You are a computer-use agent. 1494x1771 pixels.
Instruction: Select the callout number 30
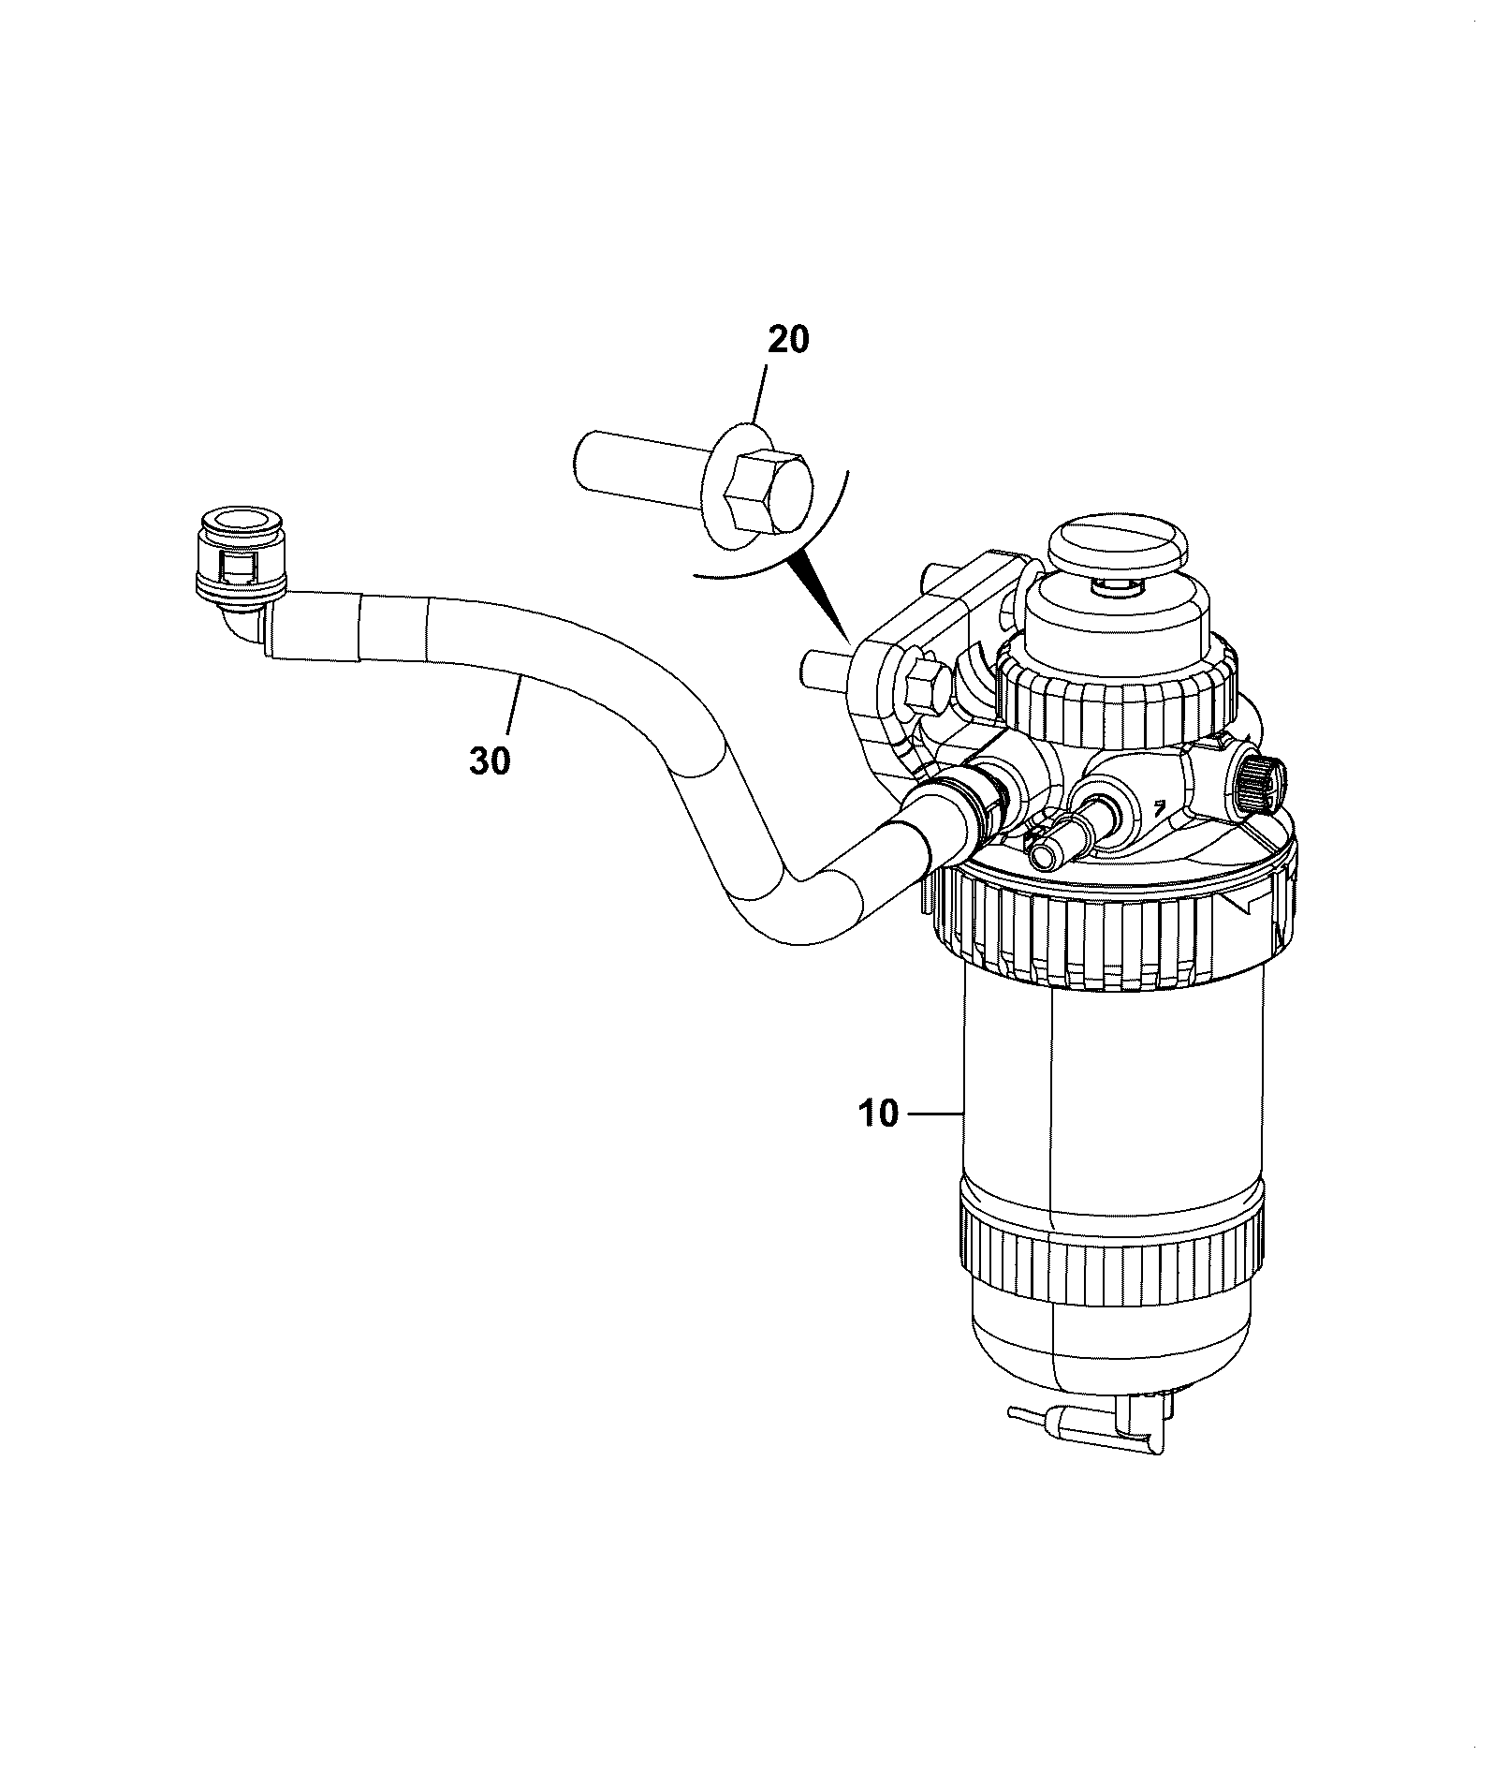491,761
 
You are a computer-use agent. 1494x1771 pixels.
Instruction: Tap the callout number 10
877,1114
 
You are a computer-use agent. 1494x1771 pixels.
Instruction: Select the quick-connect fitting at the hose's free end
241,562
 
